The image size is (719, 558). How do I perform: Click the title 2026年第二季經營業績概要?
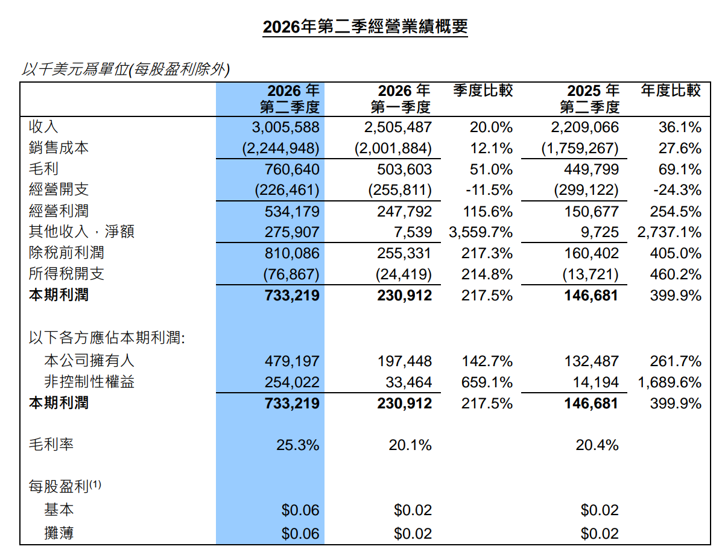tap(365, 26)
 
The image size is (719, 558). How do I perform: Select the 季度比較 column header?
tap(483, 90)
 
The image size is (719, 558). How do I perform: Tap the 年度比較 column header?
tap(671, 90)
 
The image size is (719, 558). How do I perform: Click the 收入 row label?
tap(43, 127)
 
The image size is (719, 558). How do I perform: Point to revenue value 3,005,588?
tap(285, 127)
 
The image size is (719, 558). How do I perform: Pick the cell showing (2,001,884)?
tap(393, 148)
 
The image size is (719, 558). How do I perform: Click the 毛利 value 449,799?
tap(591, 169)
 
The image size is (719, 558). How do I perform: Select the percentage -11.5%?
tap(489, 190)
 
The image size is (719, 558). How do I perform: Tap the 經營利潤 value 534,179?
tap(291, 211)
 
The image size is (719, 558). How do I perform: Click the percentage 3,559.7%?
tap(481, 232)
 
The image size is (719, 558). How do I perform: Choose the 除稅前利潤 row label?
tap(66, 253)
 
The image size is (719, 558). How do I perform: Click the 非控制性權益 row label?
tap(89, 382)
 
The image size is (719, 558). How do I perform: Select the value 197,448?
tap(404, 361)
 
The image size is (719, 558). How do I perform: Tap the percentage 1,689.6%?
tap(670, 382)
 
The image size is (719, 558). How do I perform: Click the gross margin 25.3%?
tap(297, 445)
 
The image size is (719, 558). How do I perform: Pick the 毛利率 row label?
tap(51, 445)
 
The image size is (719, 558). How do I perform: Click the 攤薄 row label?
tap(59, 533)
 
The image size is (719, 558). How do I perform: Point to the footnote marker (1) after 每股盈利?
tap(95, 484)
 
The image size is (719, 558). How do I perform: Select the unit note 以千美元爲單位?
tap(75, 69)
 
